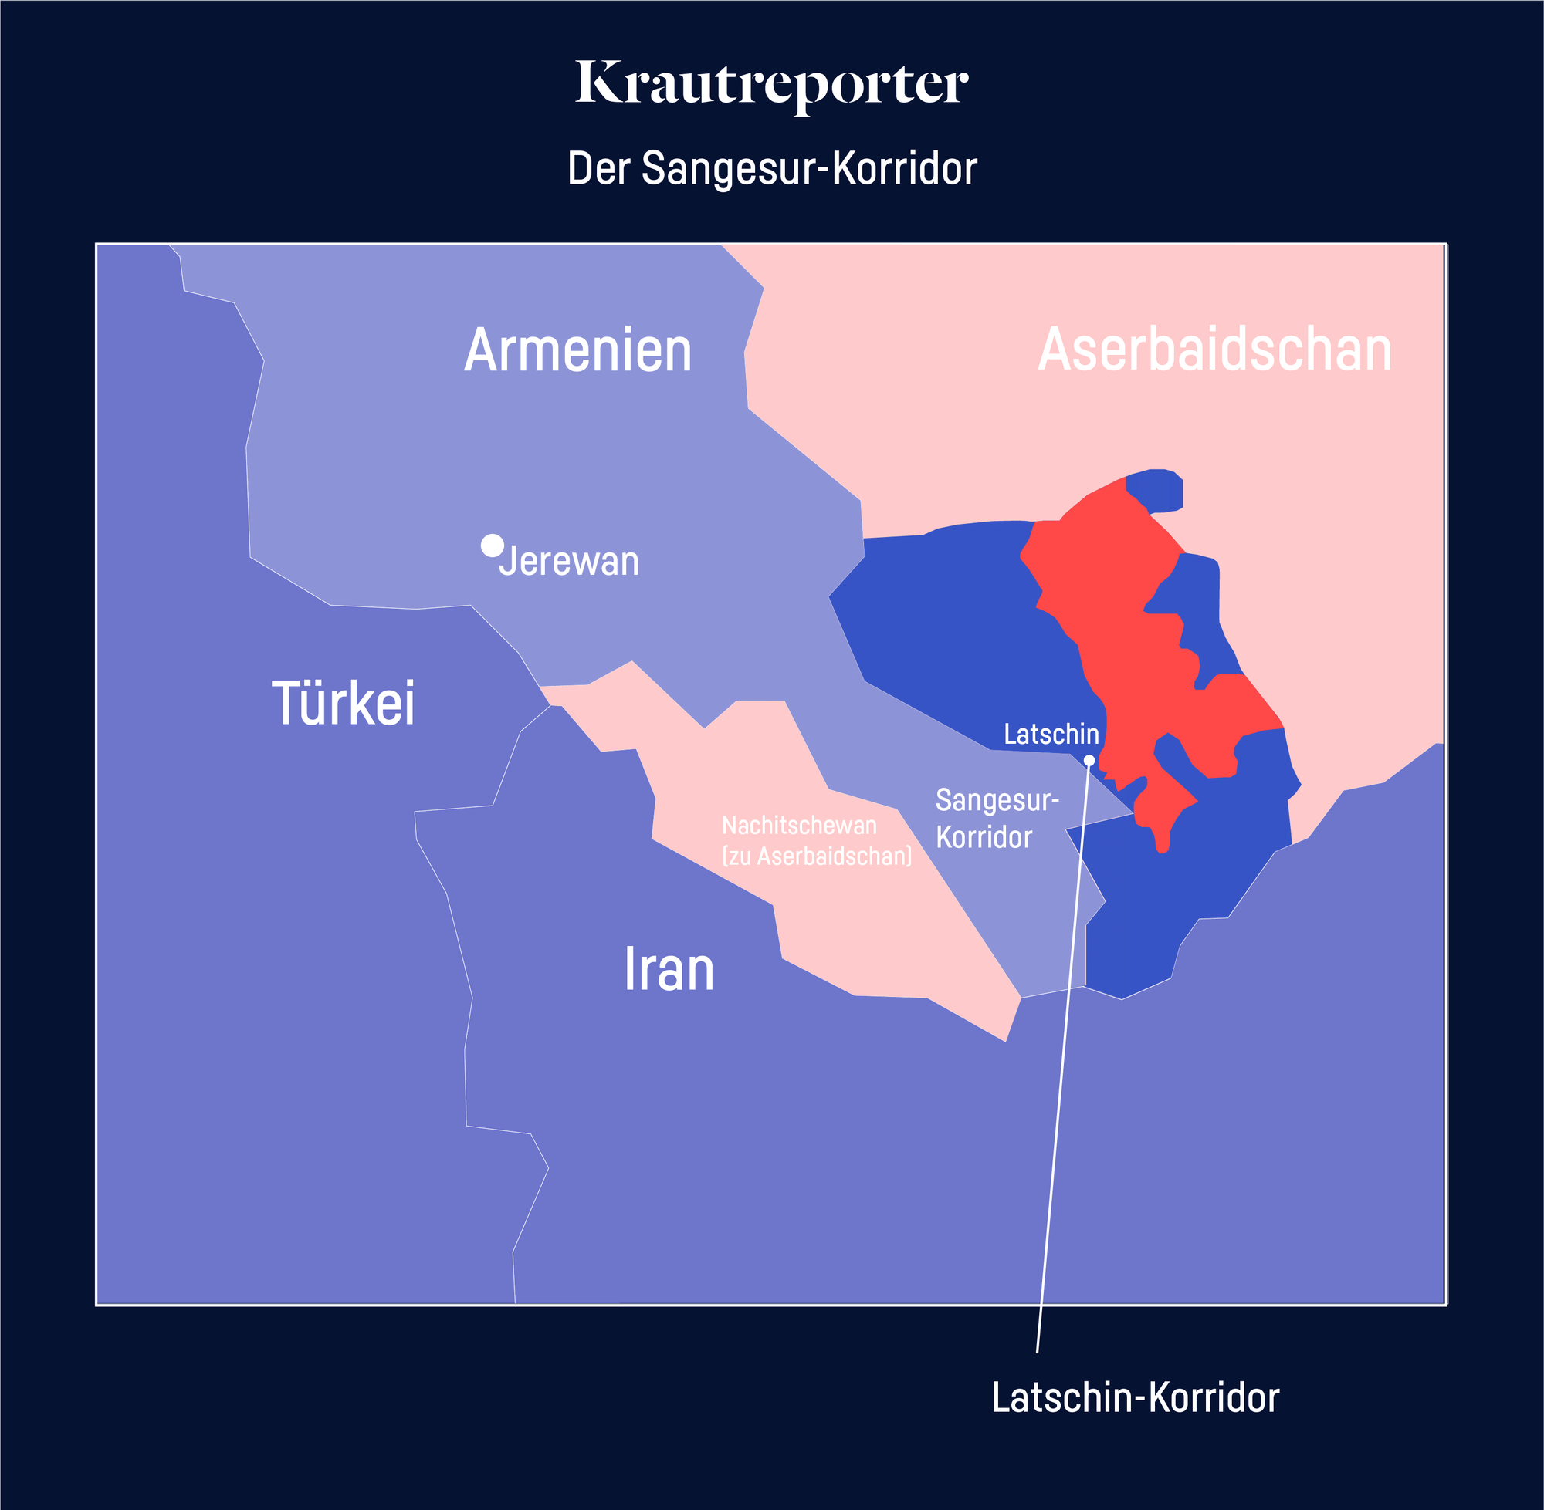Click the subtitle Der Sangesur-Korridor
click(x=771, y=168)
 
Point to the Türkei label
click(x=343, y=703)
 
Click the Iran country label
click(x=668, y=969)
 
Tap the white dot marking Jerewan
click(x=492, y=546)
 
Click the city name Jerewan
click(x=569, y=562)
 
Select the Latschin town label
click(x=1051, y=735)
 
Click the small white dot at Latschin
click(x=1089, y=761)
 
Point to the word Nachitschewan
click(x=798, y=826)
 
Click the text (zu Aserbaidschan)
click(x=816, y=856)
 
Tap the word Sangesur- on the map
click(x=997, y=800)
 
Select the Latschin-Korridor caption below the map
click(x=1135, y=1397)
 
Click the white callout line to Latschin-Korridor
click(x=1059, y=1110)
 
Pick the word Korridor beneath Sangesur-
click(x=984, y=837)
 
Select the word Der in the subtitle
click(x=598, y=168)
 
